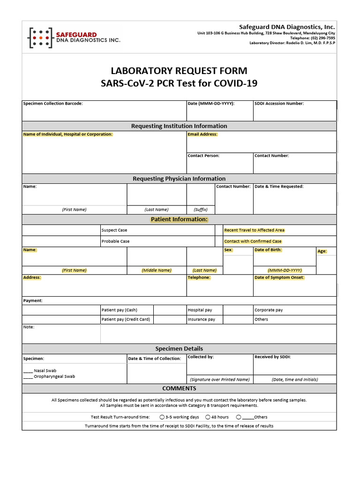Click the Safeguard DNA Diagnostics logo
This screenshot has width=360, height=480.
[x=74, y=37]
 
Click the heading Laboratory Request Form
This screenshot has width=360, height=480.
[x=179, y=71]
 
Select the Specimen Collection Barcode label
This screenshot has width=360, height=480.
[x=53, y=104]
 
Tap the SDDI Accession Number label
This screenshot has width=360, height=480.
[x=279, y=104]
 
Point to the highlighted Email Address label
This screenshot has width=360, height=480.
[x=202, y=134]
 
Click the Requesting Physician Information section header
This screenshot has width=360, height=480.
[x=179, y=179]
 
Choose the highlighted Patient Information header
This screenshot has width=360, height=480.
[x=179, y=219]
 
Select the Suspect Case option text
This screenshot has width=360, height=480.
[x=114, y=230]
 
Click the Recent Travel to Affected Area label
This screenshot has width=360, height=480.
[x=254, y=230]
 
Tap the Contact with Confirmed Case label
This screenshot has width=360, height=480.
[x=253, y=241]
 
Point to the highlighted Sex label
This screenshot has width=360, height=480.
[x=228, y=250]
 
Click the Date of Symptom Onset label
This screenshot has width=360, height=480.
[x=279, y=277]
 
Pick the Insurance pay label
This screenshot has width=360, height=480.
[x=202, y=319]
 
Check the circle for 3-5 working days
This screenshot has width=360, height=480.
[x=162, y=417]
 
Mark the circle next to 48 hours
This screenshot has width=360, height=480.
[x=208, y=417]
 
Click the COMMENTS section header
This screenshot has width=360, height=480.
[x=179, y=389]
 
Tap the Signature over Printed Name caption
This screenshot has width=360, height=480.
[x=219, y=379]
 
